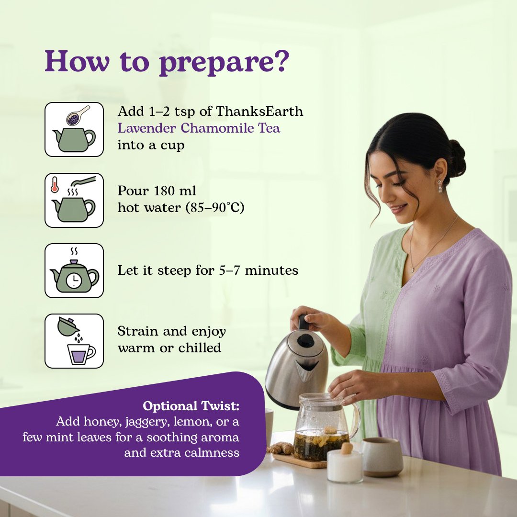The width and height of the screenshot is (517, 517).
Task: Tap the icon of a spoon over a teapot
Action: (x=74, y=129)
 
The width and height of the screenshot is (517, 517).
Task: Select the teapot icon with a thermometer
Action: (x=74, y=200)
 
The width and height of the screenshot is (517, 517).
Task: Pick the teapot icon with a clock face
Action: (x=74, y=271)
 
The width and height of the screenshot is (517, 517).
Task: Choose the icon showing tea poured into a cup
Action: (x=74, y=341)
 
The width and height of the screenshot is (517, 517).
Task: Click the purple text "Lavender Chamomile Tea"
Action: (x=199, y=128)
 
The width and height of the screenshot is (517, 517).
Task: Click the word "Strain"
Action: (x=138, y=331)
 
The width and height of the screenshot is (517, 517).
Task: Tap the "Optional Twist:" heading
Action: (x=191, y=406)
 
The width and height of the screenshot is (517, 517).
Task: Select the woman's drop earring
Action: (x=439, y=187)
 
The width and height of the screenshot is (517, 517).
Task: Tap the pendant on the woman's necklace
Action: (x=412, y=270)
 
